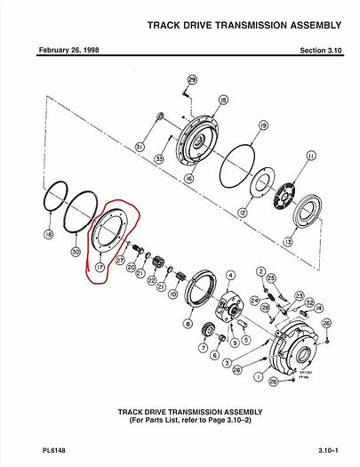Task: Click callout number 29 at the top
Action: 192,81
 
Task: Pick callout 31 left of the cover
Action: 139,146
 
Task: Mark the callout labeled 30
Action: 76,253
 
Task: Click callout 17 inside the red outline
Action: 100,264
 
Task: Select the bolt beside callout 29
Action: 184,92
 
